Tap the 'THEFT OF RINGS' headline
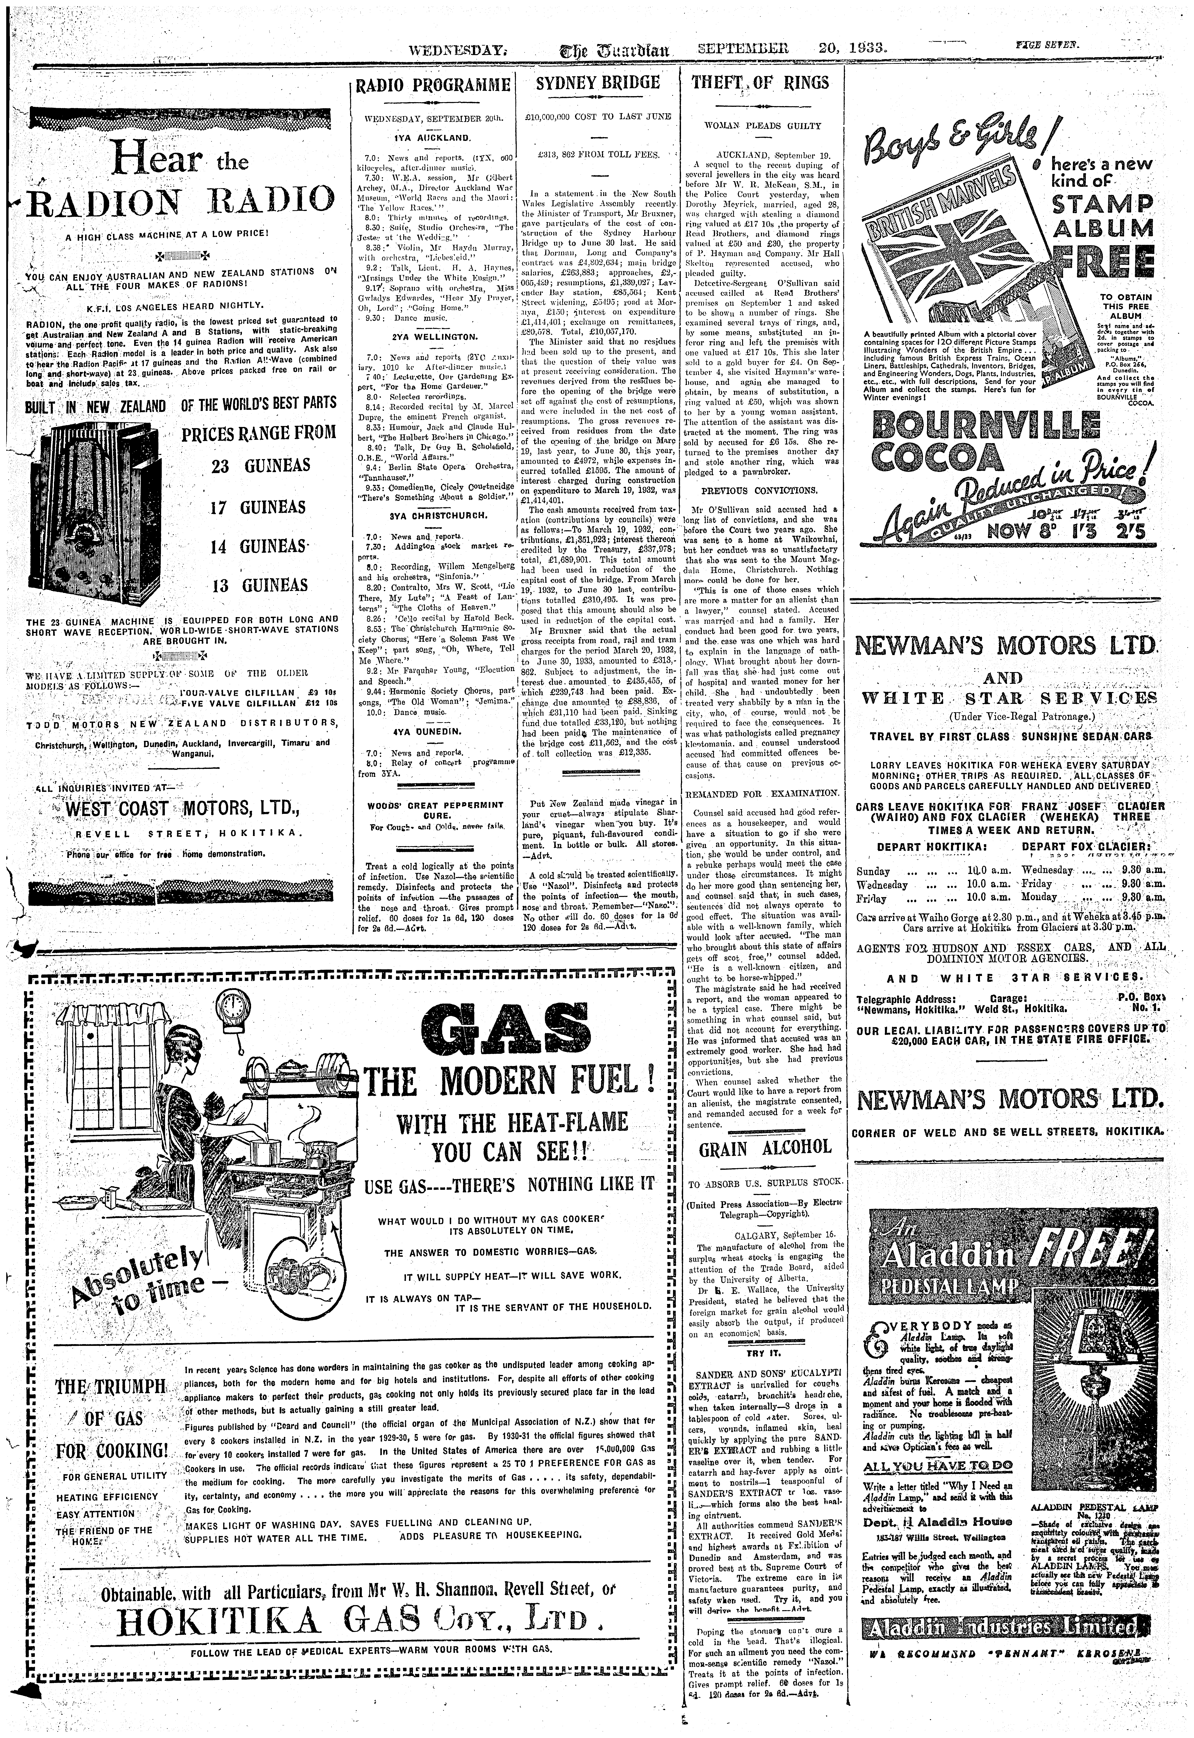click(760, 82)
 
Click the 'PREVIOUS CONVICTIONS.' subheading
click(759, 491)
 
